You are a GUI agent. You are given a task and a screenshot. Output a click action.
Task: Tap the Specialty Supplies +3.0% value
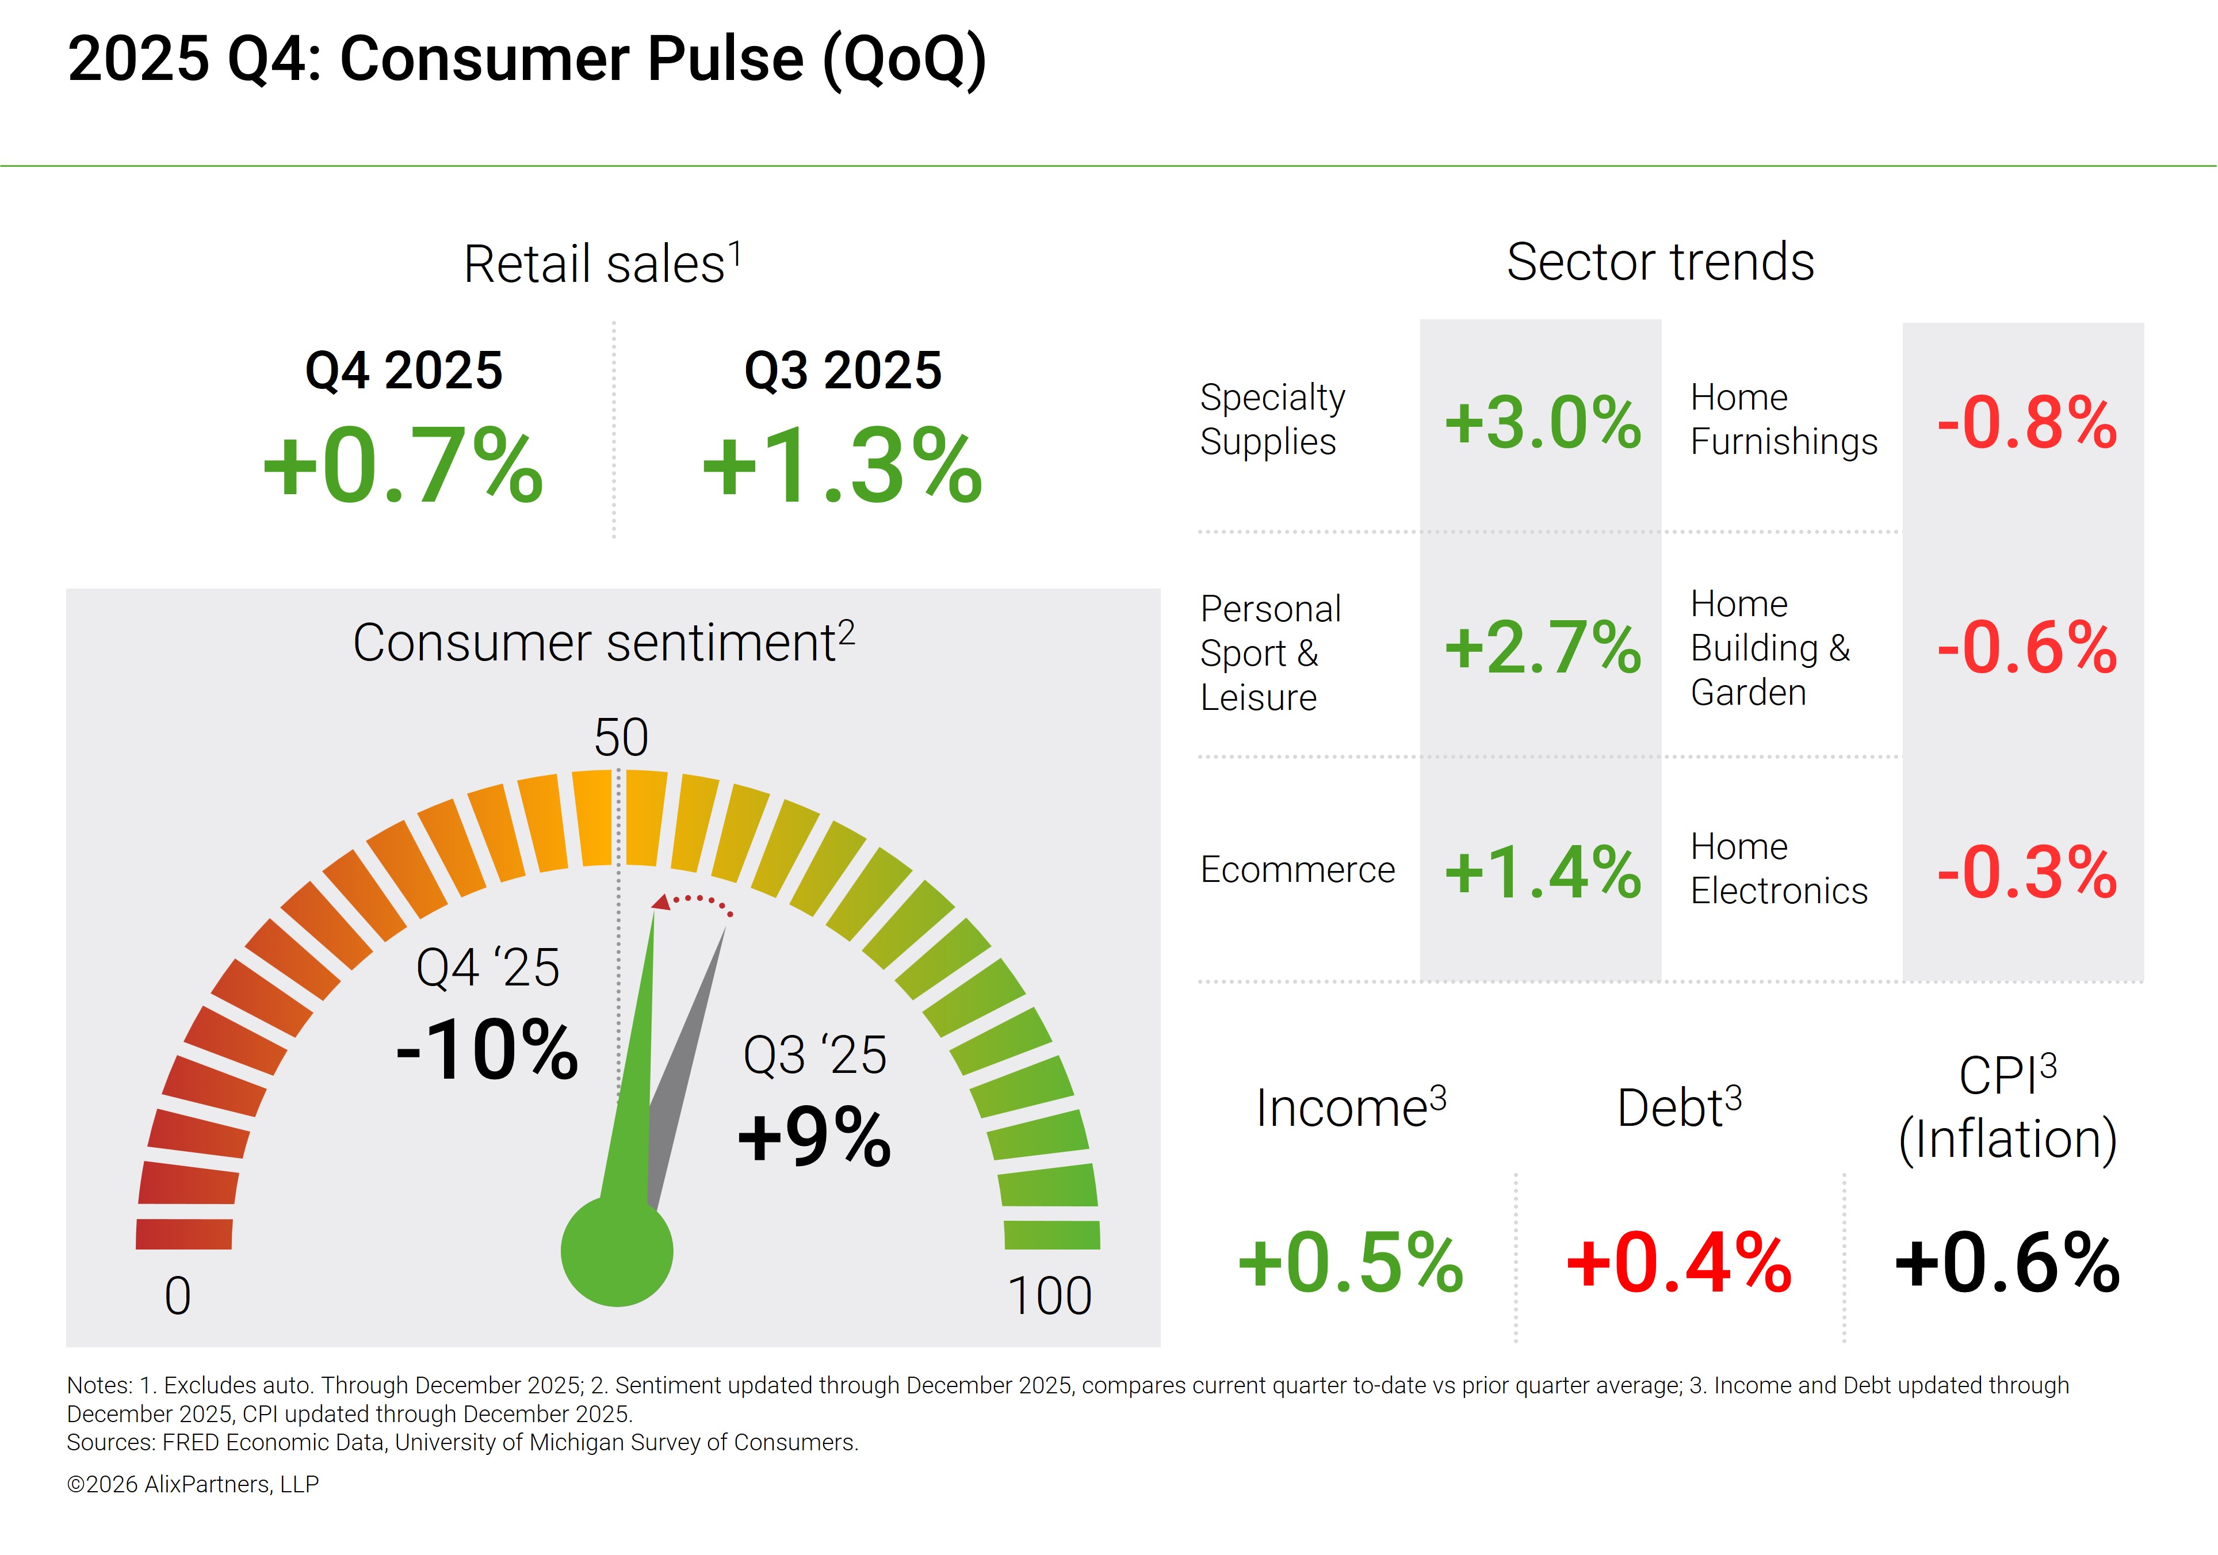(1543, 423)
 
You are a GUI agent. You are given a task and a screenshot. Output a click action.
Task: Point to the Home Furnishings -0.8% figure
(2026, 423)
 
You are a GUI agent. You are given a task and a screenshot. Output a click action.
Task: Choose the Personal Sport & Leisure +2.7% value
(1543, 648)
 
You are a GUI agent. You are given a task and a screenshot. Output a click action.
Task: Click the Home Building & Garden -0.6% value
(2026, 648)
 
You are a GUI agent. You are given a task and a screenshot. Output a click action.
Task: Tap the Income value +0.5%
(1351, 1263)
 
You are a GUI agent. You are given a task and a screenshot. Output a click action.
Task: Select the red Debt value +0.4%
(1679, 1263)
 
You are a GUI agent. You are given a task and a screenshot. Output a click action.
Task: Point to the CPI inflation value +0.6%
(2007, 1263)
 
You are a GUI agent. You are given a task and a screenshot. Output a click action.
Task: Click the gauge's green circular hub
(616, 1252)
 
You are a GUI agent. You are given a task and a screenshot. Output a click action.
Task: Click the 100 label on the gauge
(1049, 1297)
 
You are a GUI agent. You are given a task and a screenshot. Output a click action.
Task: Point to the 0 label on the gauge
(178, 1297)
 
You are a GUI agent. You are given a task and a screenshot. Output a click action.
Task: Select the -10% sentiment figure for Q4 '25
(487, 1050)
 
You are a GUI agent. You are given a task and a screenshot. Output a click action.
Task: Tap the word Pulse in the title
(725, 60)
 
